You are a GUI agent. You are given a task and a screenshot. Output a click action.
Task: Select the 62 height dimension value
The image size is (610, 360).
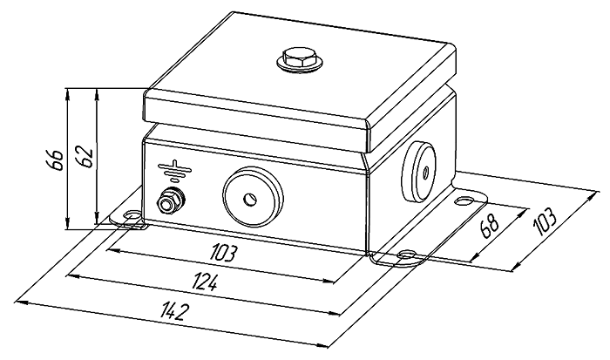pos(84,155)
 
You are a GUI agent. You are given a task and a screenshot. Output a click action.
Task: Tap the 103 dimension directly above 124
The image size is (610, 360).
pos(224,254)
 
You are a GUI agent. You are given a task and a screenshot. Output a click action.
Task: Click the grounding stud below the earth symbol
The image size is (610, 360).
pos(167,204)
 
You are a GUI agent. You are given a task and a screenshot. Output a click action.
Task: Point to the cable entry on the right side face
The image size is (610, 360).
pos(424,169)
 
